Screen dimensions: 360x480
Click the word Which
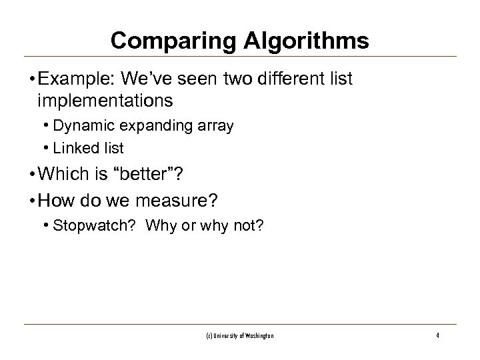click(65, 174)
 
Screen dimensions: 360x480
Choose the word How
click(54, 198)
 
